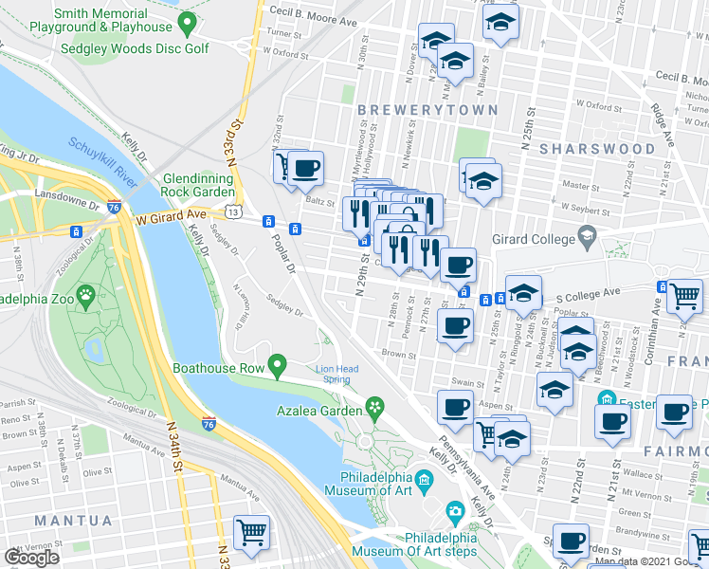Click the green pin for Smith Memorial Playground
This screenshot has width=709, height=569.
pos(187,22)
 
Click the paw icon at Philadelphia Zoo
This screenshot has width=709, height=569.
pos(86,294)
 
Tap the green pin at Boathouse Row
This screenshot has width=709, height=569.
pos(277,364)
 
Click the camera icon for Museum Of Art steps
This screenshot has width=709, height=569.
pos(455,513)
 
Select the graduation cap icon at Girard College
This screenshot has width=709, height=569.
pos(588,235)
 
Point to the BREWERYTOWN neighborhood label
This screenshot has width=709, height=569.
pos(428,111)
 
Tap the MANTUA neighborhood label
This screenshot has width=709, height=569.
pos(73,521)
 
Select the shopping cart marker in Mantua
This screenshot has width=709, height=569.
pos(251,532)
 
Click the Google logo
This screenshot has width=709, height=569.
pos(33,558)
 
